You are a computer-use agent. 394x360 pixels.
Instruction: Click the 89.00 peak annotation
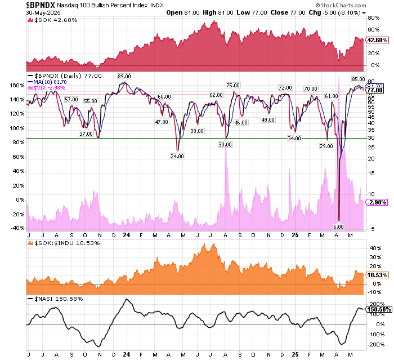click(x=124, y=76)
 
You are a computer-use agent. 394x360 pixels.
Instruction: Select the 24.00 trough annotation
click(x=178, y=156)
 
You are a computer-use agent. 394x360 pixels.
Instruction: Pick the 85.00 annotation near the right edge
click(x=358, y=79)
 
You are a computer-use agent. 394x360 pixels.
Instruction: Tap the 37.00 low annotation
click(x=86, y=134)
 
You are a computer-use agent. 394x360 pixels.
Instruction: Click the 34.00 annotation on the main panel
click(x=294, y=138)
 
